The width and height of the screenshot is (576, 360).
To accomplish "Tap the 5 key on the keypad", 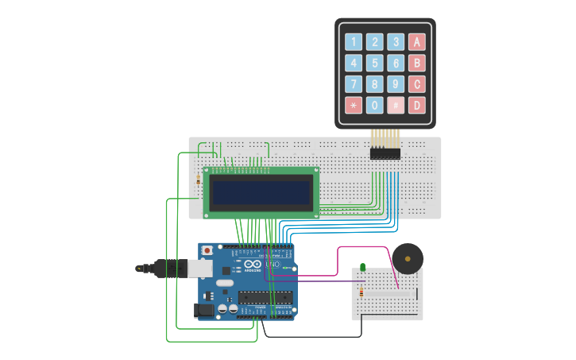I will pos(374,63).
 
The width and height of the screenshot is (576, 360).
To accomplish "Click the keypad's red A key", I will pos(416,42).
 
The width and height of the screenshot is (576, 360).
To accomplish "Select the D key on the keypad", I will pos(416,104).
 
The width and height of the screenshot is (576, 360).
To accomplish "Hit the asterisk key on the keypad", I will pos(354,104).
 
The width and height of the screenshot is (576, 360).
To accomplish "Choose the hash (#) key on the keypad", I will pos(395,104).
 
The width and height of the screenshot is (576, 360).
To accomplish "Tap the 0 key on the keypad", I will pos(374,104).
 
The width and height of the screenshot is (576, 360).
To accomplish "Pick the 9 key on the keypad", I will pos(395,83).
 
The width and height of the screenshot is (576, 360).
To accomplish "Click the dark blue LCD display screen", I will pos(261,192).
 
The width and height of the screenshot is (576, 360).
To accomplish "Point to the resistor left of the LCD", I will pos(198,180).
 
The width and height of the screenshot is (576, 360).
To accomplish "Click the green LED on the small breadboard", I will pos(362,267).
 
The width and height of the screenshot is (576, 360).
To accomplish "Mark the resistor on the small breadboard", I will pos(362,292).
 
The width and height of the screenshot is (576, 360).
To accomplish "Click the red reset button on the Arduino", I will pos(207,250).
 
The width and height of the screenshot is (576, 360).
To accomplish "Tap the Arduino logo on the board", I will pos(253,265).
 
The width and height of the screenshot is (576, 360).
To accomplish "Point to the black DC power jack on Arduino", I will pos(205,311).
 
